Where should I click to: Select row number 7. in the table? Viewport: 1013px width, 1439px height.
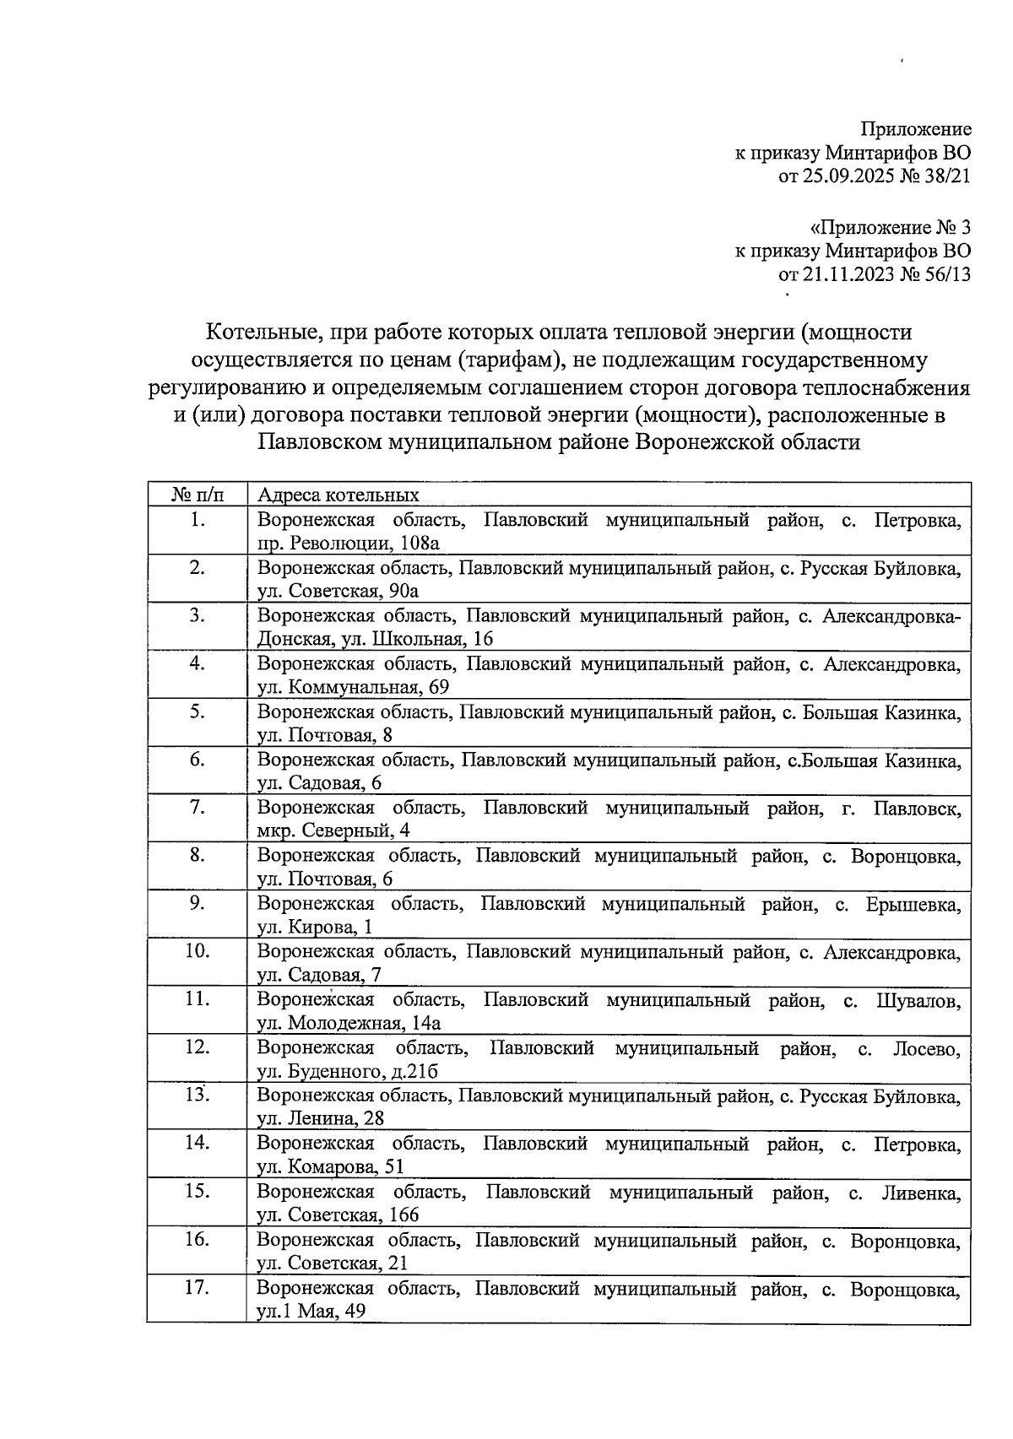point(198,808)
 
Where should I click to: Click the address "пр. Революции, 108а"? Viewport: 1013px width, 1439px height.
point(348,544)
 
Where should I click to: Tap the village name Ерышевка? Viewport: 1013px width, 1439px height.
point(913,905)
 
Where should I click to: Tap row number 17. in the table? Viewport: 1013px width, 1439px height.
point(198,1288)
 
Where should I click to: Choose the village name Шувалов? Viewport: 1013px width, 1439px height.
point(918,1001)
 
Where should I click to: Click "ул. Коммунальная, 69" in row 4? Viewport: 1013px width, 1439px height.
point(353,688)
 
